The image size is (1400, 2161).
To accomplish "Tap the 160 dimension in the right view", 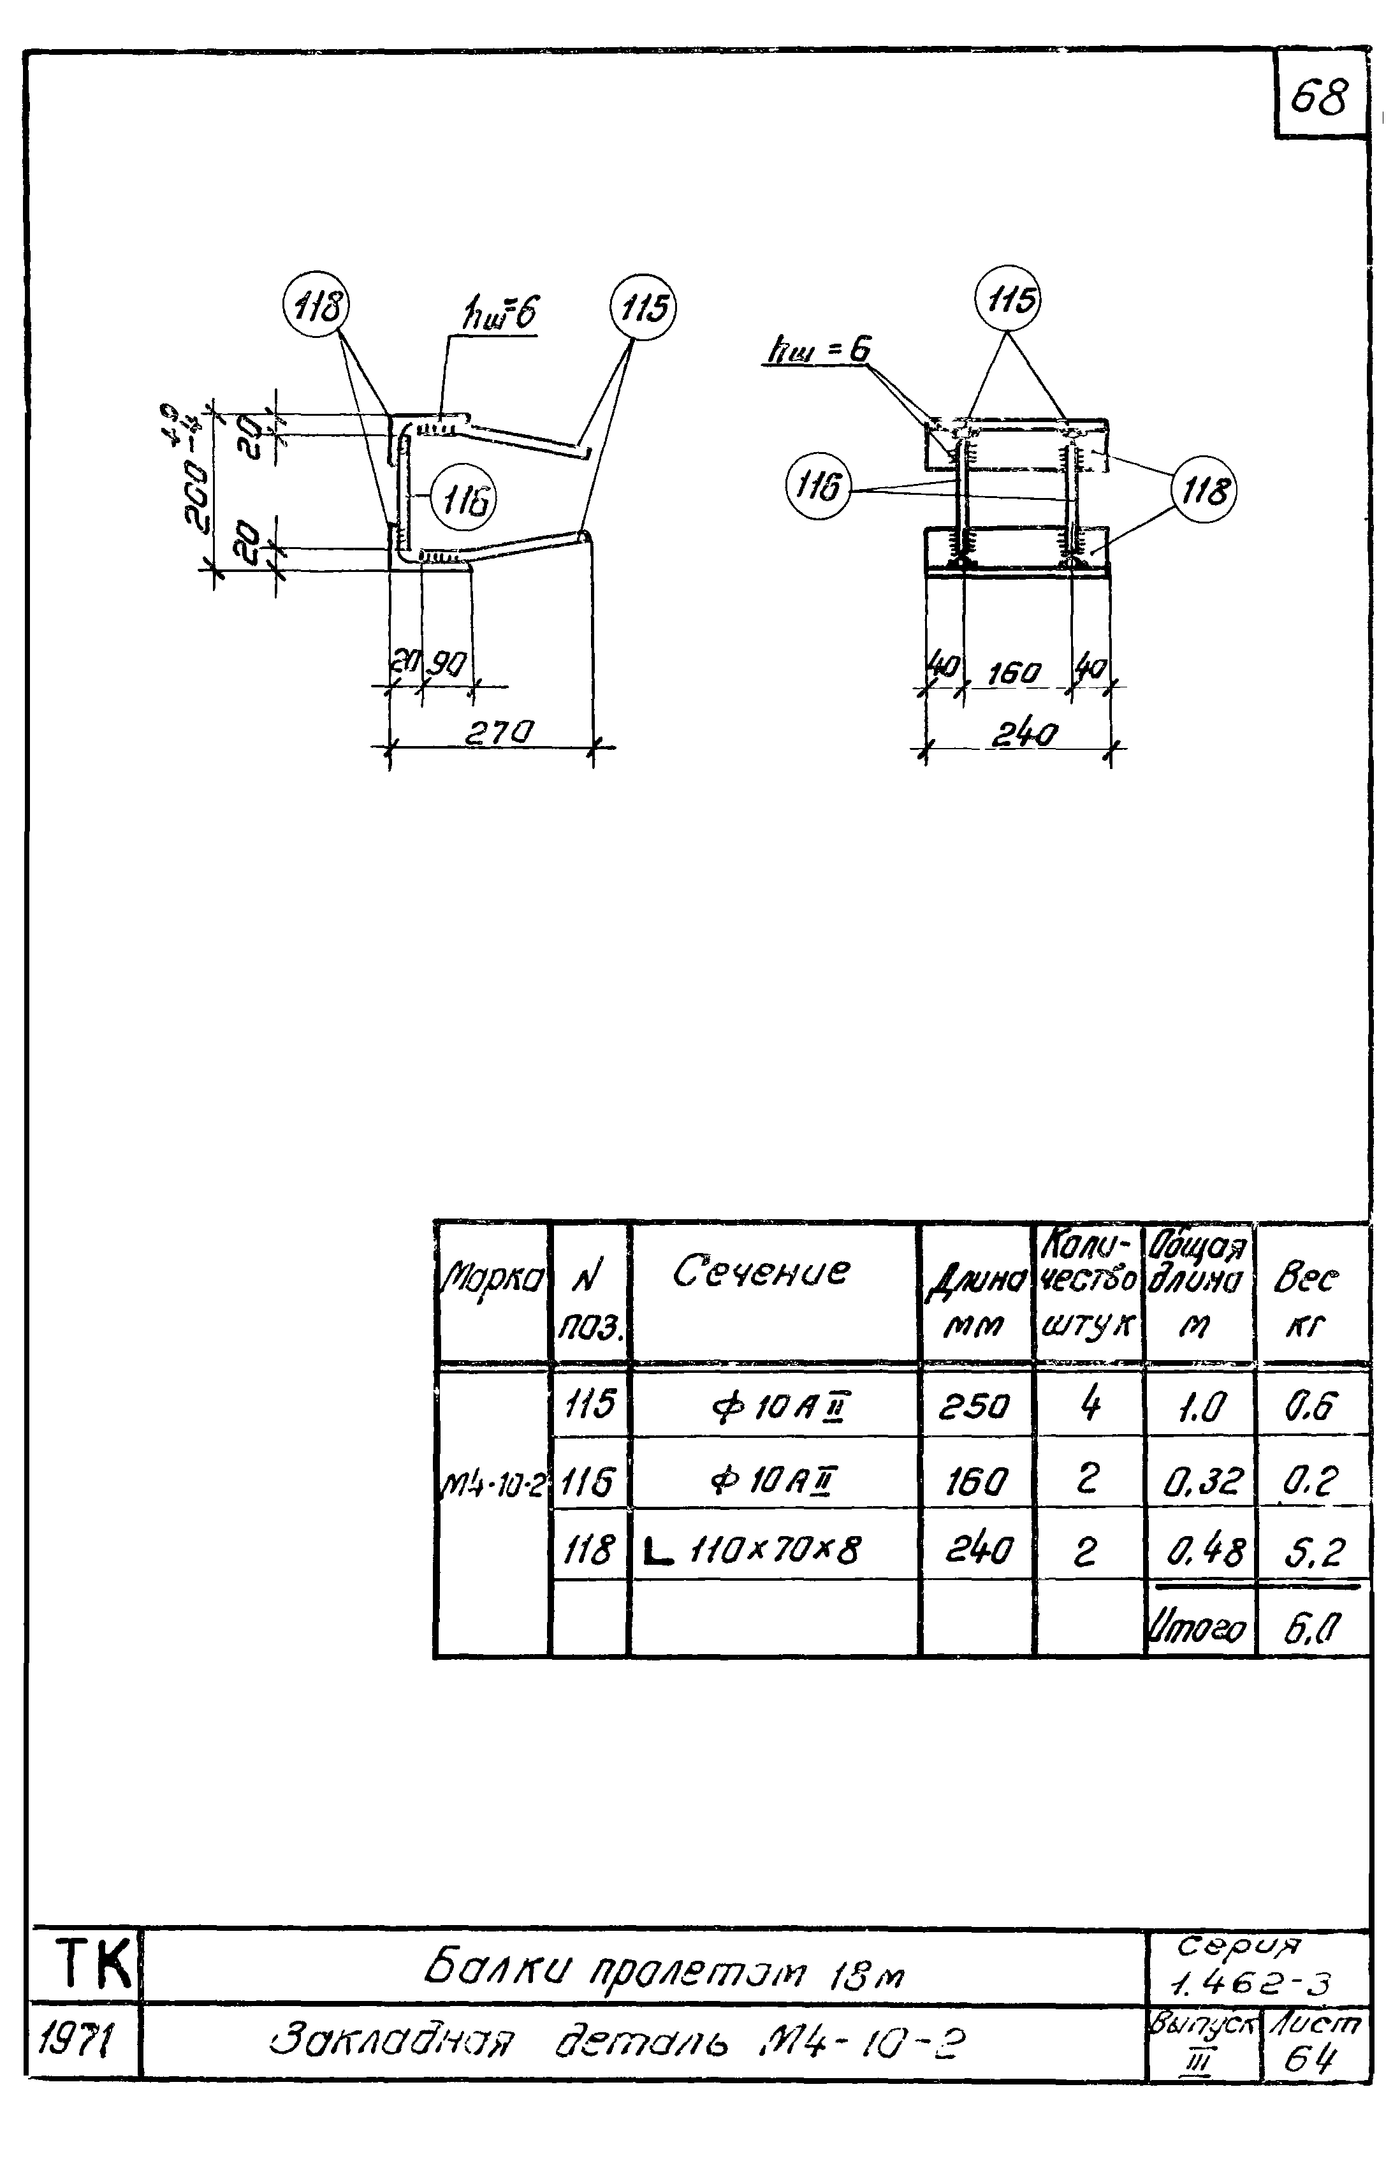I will (1014, 674).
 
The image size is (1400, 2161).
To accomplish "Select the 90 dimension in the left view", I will (447, 666).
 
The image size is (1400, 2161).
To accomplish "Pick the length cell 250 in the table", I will (974, 1407).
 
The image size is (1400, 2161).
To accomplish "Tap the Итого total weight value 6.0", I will (1311, 1627).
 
